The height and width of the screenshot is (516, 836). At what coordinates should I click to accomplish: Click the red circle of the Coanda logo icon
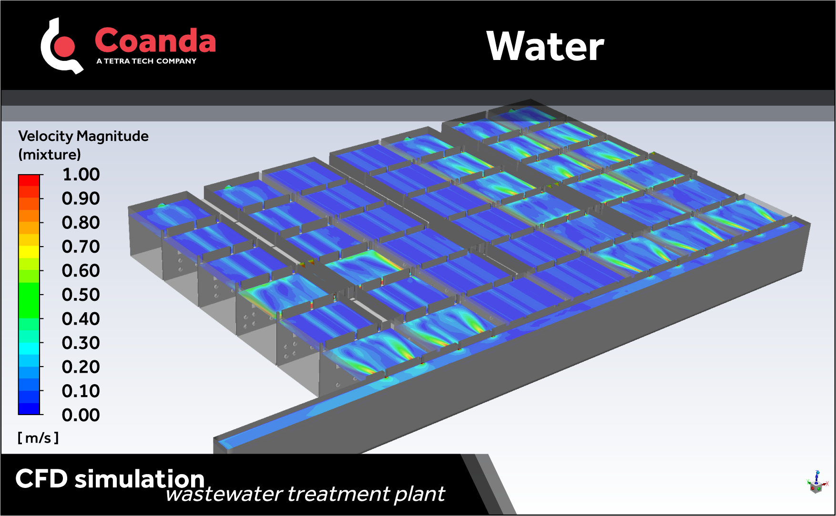click(x=65, y=46)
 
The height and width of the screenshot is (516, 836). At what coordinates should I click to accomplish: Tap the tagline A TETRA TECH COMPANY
click(x=146, y=61)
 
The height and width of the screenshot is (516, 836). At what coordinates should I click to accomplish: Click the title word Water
click(x=545, y=46)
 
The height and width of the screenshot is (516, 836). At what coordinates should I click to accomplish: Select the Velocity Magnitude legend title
click(x=83, y=136)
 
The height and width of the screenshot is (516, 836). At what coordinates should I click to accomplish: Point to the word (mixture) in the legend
click(x=50, y=155)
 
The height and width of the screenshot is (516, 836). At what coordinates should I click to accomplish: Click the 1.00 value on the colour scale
click(x=81, y=174)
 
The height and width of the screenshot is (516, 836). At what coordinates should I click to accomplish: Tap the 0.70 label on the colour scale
click(x=81, y=247)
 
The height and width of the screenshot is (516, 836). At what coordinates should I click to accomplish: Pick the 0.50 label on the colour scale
click(x=81, y=295)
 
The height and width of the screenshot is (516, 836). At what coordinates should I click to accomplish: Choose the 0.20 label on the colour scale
click(x=81, y=367)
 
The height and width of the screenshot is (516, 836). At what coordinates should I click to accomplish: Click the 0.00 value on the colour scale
click(x=81, y=415)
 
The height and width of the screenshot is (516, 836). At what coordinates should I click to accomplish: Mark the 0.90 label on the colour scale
click(x=81, y=198)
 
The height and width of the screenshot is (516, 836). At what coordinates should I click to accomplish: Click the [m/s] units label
click(x=38, y=438)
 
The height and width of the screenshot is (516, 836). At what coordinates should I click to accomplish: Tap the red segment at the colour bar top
click(x=29, y=180)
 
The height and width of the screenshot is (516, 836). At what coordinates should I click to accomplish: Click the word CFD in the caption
click(x=41, y=478)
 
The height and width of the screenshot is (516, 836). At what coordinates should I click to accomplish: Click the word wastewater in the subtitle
click(x=224, y=494)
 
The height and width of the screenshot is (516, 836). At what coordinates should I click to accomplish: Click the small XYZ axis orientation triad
click(x=817, y=483)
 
